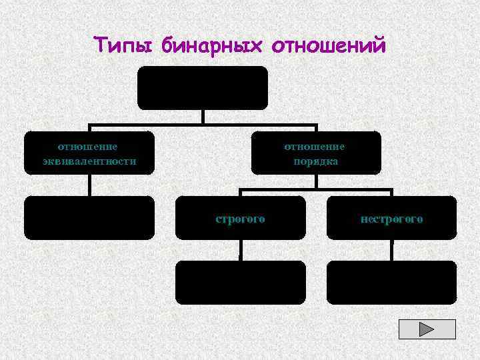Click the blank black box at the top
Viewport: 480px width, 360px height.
[202, 87]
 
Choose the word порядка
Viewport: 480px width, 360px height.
[315, 161]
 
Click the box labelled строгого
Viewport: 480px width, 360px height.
[240, 218]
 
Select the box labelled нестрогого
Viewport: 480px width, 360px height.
[391, 218]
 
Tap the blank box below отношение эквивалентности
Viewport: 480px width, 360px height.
[89, 217]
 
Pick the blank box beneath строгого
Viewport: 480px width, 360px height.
[240, 282]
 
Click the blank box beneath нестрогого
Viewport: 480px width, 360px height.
[391, 282]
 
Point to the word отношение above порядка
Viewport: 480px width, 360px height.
[315, 147]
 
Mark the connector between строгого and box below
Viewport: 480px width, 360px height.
[240, 250]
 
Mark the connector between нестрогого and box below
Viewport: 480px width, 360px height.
[392, 250]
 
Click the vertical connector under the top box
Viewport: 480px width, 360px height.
[203, 117]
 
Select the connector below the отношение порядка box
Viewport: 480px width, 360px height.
[316, 182]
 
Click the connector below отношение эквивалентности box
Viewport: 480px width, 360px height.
[89, 185]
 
